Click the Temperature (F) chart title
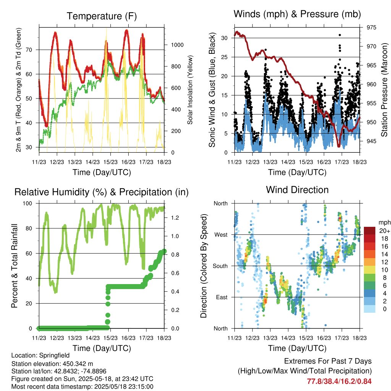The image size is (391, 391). pyautogui.click(x=102, y=16)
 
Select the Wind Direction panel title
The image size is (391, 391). pyautogui.click(x=297, y=190)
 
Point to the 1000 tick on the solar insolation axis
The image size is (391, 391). pyautogui.click(x=177, y=45)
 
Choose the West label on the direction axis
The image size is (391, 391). pyautogui.click(x=221, y=234)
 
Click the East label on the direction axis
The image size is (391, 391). pyautogui.click(x=221, y=297)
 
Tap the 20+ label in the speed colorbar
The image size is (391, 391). pyautogui.click(x=384, y=231)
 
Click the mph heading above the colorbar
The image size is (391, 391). pyautogui.click(x=384, y=222)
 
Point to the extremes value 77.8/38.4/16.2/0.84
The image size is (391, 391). pyautogui.click(x=339, y=381)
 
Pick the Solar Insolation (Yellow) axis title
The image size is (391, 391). pyautogui.click(x=190, y=90)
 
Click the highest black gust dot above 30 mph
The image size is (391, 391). pyautogui.click(x=339, y=35)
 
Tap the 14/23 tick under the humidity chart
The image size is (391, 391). pyautogui.click(x=92, y=338)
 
